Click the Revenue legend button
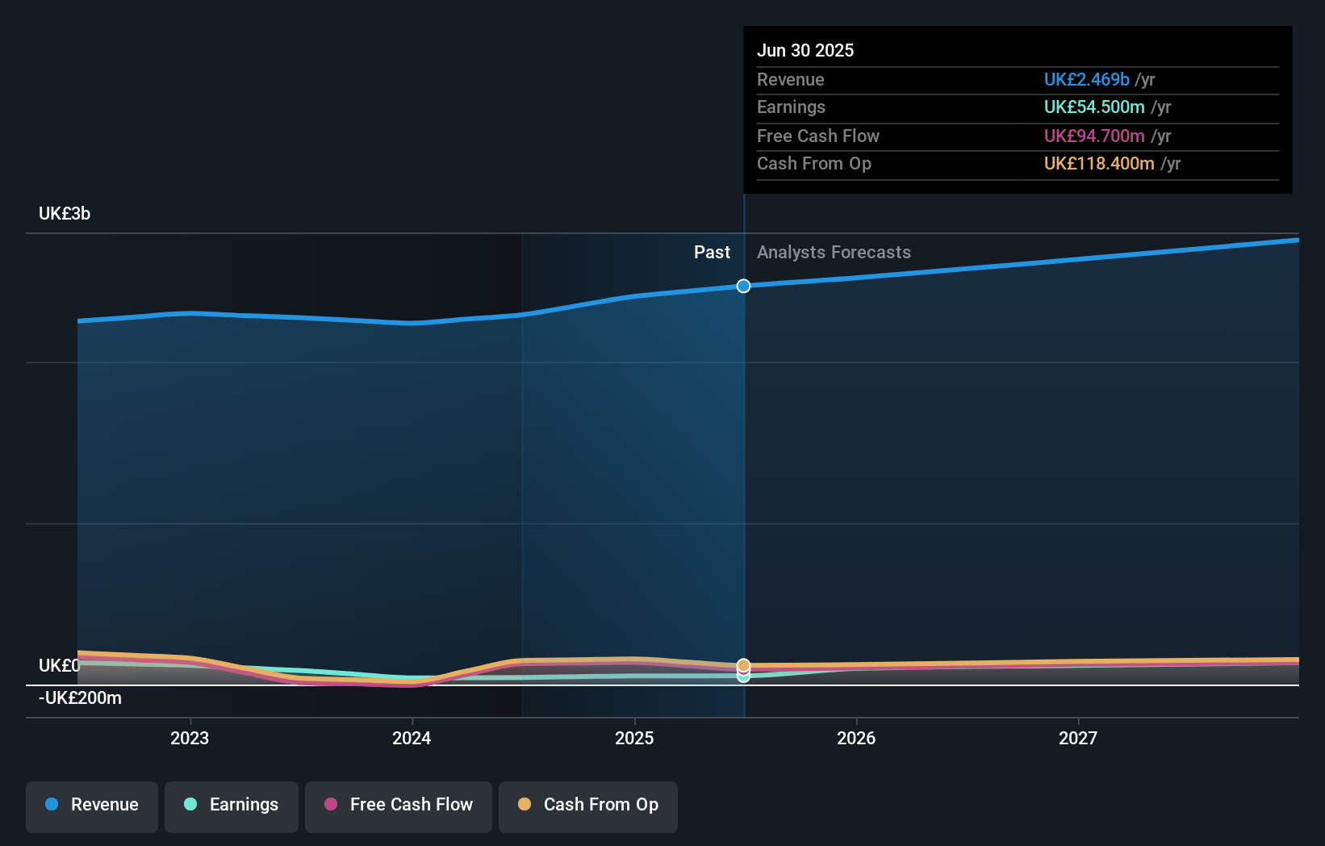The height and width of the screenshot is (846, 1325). [92, 805]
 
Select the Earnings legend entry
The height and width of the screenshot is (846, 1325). [232, 805]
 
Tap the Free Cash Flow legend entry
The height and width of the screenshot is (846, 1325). [399, 805]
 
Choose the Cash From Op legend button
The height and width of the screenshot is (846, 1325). [588, 805]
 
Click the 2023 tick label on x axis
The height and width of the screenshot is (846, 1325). [190, 738]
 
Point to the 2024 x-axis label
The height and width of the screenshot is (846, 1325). [412, 738]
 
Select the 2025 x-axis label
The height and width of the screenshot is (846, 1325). [634, 738]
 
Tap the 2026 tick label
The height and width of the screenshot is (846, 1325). [856, 738]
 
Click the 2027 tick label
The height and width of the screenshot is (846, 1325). [1078, 738]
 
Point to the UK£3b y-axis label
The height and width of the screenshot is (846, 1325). [65, 214]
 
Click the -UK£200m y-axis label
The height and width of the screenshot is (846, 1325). [80, 698]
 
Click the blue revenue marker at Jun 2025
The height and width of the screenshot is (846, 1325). [744, 286]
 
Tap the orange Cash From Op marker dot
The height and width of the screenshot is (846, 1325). [744, 664]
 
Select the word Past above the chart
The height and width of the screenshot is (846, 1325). [712, 253]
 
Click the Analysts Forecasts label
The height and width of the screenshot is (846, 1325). [834, 253]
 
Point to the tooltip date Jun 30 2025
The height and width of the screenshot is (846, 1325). [805, 51]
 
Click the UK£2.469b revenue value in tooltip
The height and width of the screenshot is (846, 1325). [1086, 80]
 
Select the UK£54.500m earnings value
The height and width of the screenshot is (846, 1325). [1094, 107]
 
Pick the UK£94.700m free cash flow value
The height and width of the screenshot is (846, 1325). [1094, 136]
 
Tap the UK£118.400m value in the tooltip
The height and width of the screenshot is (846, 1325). [1099, 164]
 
